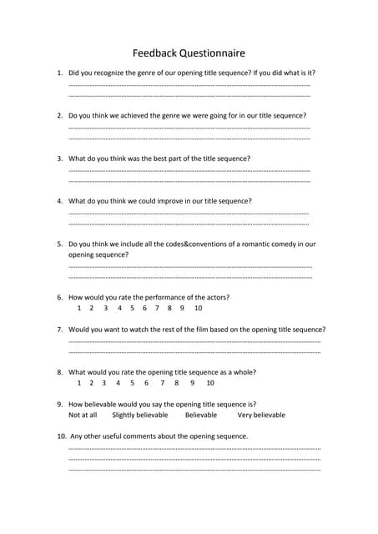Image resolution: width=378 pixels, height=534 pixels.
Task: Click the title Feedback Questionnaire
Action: coord(189,53)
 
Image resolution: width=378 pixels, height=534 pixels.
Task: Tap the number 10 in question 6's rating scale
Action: coord(198,309)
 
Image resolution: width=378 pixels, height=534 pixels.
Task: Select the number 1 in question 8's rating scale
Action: coord(79,383)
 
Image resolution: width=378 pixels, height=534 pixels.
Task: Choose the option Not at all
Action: coord(83,415)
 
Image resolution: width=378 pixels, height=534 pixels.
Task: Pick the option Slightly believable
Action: coord(140,415)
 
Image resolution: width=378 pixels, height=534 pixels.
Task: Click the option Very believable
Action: coord(261,415)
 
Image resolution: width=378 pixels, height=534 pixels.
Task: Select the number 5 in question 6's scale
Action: coord(132,309)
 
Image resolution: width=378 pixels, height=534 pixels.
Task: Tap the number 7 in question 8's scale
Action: coord(161,383)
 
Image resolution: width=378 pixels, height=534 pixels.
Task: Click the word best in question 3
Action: coord(178,159)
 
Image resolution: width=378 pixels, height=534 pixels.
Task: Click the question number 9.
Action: coord(59,404)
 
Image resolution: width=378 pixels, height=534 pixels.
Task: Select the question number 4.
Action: coord(59,201)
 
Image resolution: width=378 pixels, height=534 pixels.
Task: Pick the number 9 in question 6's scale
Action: coord(181,309)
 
